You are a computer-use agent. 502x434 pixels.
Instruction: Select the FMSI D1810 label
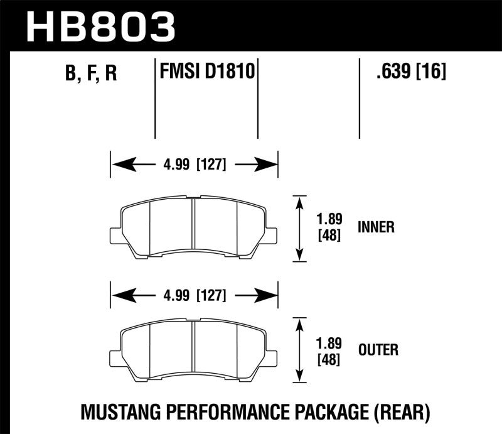pos(205,72)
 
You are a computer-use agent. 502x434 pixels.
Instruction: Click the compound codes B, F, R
pos(92,74)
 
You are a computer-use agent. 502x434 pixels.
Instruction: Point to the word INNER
pos(376,227)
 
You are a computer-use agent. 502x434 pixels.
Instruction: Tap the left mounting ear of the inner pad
pos(115,235)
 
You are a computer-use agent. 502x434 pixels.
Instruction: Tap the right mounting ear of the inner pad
pos(272,235)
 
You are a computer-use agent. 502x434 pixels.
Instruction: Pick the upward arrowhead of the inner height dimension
pos(301,202)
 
